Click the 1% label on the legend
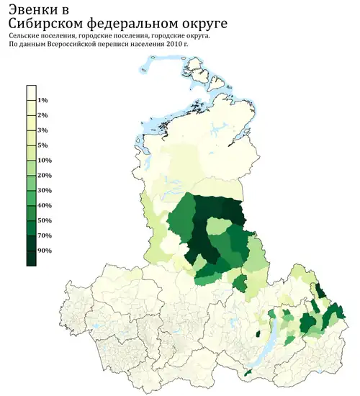pos(42,100)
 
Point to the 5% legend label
pos(42,145)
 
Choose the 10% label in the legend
pos(44,160)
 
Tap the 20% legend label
pos(44,175)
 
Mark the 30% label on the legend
pos(44,190)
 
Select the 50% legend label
pos(44,220)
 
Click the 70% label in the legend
pos(44,235)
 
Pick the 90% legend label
pos(44,251)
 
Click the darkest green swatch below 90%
pos(31,258)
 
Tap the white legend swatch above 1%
pos(31,92)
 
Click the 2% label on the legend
pos(42,115)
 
